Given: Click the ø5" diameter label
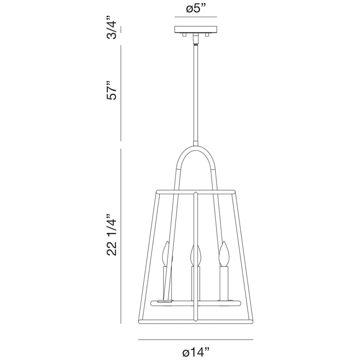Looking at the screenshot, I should pyautogui.click(x=196, y=9).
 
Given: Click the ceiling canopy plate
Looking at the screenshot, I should pyautogui.click(x=196, y=29).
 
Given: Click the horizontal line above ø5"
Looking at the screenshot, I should pyautogui.click(x=196, y=17).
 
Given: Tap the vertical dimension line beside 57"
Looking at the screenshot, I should pyautogui.click(x=121, y=93).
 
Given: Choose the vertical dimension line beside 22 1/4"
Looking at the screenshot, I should pyautogui.click(x=121, y=236).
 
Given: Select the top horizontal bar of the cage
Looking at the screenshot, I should pyautogui.click(x=196, y=190).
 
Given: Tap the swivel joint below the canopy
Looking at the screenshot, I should pyautogui.click(x=196, y=39).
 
